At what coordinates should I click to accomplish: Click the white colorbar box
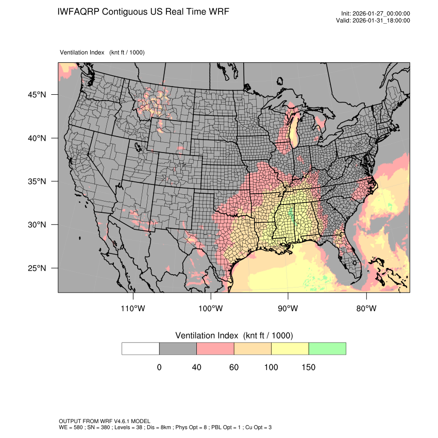coord(141,348)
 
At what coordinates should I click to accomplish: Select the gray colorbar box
coord(178,348)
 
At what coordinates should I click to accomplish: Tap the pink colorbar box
coord(215,348)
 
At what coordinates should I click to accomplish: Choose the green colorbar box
coord(327,348)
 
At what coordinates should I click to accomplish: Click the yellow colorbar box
coord(290,348)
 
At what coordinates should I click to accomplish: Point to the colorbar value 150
coord(308,367)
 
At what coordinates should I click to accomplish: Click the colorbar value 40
coord(196,367)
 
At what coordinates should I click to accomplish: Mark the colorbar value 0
coord(159,367)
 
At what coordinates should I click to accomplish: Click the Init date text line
coord(376,14)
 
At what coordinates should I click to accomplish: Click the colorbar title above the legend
coord(234,335)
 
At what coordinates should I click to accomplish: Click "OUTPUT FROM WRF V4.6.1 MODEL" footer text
coord(105,422)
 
